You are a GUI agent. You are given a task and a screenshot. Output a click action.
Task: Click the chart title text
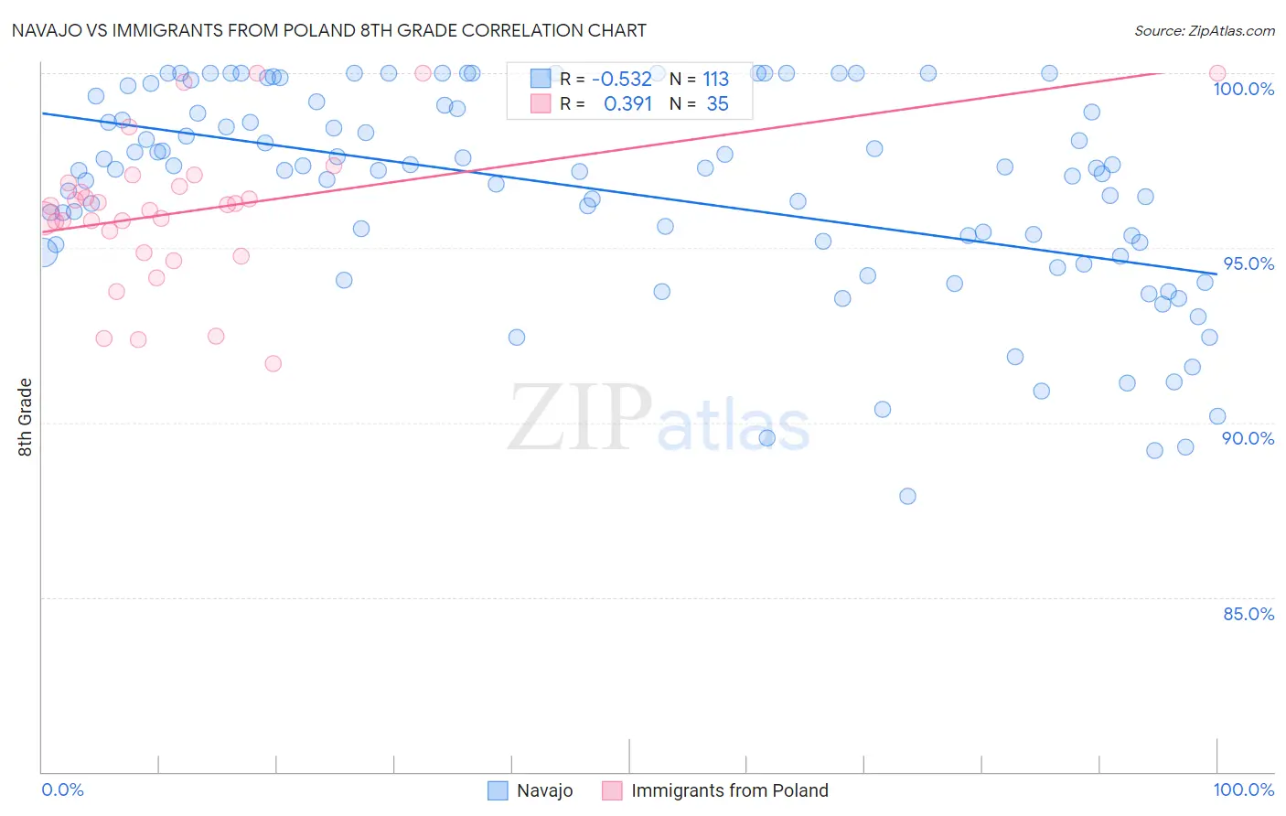click(x=328, y=30)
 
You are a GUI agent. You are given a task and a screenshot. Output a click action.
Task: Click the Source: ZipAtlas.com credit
click(x=1204, y=30)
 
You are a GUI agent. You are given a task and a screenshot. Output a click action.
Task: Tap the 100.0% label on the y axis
click(x=1243, y=89)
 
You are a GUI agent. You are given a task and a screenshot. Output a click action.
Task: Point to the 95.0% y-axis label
click(x=1248, y=263)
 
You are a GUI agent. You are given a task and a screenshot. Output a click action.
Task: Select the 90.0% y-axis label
click(x=1248, y=438)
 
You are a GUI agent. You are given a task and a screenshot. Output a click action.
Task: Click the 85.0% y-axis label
click(x=1248, y=614)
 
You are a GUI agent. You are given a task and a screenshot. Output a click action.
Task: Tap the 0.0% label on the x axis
click(x=62, y=789)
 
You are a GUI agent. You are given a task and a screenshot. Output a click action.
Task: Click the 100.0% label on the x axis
click(x=1243, y=789)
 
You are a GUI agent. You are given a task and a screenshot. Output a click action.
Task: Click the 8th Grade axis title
click(x=25, y=417)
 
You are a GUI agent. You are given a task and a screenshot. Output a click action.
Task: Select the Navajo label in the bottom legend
click(x=544, y=790)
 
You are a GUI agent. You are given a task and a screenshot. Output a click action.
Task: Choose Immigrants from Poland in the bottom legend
click(x=729, y=790)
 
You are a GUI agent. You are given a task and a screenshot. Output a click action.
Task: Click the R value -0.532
click(x=622, y=79)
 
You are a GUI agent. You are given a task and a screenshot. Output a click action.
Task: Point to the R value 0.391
click(x=627, y=103)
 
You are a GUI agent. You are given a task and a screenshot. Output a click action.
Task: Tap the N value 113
click(x=715, y=79)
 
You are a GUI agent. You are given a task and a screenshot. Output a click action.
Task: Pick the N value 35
click(x=717, y=103)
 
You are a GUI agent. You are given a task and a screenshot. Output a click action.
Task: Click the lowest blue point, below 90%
click(x=907, y=496)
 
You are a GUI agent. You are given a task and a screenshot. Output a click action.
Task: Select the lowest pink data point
click(x=273, y=363)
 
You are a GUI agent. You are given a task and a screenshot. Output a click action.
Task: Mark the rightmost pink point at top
click(x=1216, y=73)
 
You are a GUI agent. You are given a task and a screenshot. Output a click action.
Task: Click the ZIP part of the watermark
click(x=579, y=417)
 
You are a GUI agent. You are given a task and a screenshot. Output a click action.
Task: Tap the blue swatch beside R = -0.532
click(x=541, y=79)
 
